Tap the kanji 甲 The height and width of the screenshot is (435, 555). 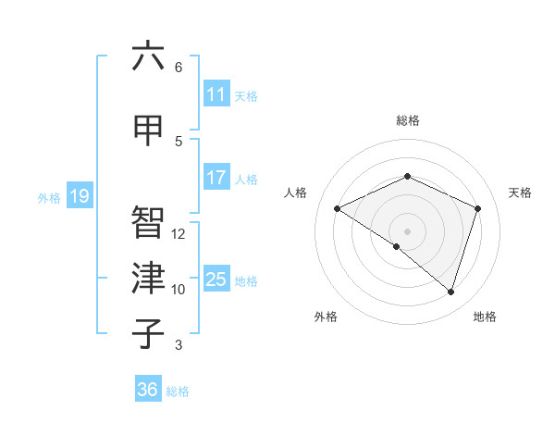click(x=148, y=130)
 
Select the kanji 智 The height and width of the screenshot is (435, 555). click(x=148, y=222)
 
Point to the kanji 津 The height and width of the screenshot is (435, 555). click(x=148, y=279)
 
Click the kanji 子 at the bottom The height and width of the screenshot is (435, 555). click(x=148, y=334)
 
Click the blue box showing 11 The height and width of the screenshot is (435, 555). click(x=216, y=95)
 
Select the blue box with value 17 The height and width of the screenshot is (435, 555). click(x=216, y=179)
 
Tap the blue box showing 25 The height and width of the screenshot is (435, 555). click(x=216, y=280)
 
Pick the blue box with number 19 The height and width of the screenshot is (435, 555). click(x=79, y=196)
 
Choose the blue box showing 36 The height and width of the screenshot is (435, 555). click(x=148, y=390)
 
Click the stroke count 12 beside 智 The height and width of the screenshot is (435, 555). click(x=179, y=234)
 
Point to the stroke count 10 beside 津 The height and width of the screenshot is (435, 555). click(x=179, y=290)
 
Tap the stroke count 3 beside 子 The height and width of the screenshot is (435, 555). click(x=179, y=345)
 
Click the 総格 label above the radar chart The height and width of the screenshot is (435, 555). click(x=408, y=120)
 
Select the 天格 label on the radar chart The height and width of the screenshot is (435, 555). click(x=521, y=193)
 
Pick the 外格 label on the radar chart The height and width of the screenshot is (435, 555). click(x=326, y=317)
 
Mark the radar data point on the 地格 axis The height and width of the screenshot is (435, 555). click(x=450, y=292)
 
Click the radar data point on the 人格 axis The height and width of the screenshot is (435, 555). click(x=338, y=208)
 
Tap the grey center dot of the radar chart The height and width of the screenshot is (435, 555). click(x=407, y=230)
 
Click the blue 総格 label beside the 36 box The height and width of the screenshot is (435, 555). click(x=178, y=391)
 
